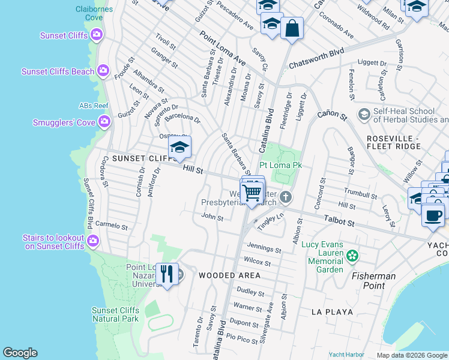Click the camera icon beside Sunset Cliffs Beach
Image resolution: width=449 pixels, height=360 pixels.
[103, 71]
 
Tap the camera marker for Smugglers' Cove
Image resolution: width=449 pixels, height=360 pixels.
[104, 122]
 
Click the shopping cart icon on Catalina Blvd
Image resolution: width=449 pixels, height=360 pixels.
[253, 193]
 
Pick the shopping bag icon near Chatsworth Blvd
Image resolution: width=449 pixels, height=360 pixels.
[292, 28]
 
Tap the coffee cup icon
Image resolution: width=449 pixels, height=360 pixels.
[433, 214]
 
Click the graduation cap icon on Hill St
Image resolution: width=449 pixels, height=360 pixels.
[179, 148]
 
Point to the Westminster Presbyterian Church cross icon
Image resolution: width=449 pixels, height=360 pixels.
[286, 197]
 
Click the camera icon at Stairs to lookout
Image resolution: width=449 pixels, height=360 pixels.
[93, 241]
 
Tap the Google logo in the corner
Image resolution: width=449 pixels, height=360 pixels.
[20, 353]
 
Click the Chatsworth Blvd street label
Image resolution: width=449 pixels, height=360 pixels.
[316, 58]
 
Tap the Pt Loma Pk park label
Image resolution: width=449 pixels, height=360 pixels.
[280, 164]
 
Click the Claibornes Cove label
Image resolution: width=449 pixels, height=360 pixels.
[89, 13]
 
